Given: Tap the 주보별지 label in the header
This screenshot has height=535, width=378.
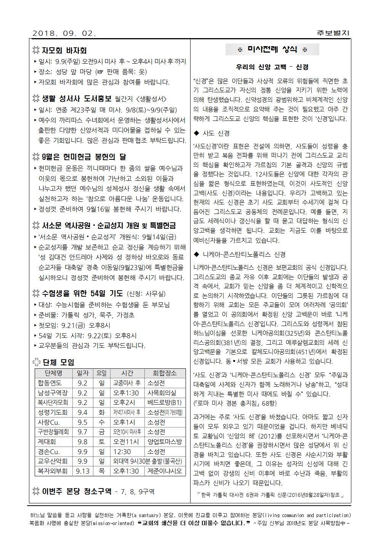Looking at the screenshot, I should click(x=333, y=33).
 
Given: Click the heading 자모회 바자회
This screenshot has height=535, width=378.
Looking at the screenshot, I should click(x=64, y=51).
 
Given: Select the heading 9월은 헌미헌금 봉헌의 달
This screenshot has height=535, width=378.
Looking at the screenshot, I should click(x=84, y=157).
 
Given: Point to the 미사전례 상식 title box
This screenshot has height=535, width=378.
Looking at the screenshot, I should click(x=272, y=50).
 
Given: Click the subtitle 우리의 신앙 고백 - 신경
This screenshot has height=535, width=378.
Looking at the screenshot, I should click(x=272, y=67).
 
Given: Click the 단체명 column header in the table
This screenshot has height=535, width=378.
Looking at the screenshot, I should click(x=53, y=373).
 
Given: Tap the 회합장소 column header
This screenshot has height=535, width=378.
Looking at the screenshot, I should click(x=165, y=373).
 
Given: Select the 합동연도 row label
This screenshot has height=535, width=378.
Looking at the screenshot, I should click(x=50, y=383).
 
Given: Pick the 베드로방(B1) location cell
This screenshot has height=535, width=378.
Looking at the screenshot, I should click(x=165, y=402).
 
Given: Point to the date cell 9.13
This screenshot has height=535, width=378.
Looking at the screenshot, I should click(x=82, y=471).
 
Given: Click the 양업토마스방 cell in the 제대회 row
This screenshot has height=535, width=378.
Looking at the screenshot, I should click(x=165, y=442).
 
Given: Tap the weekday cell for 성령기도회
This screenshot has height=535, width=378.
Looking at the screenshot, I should click(x=102, y=412).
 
